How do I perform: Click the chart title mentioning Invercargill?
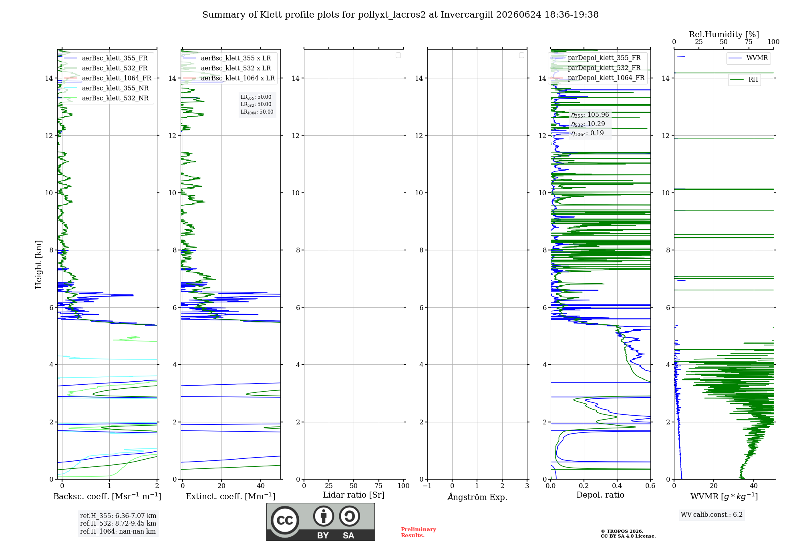(x=400, y=15)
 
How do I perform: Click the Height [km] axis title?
(x=38, y=264)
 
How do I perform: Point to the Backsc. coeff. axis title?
(x=107, y=496)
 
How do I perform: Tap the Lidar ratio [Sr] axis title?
(x=354, y=495)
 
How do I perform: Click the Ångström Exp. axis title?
(x=477, y=497)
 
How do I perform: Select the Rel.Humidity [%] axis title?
(x=724, y=34)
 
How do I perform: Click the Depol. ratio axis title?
(x=600, y=495)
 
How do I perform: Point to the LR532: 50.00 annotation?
(x=256, y=104)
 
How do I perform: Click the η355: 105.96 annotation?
(x=590, y=115)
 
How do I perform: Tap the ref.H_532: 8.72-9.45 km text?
(x=118, y=524)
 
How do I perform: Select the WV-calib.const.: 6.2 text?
(x=712, y=515)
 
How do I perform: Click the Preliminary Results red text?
(x=419, y=532)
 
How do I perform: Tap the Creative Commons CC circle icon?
(x=285, y=520)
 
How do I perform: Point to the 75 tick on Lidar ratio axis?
(x=378, y=486)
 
